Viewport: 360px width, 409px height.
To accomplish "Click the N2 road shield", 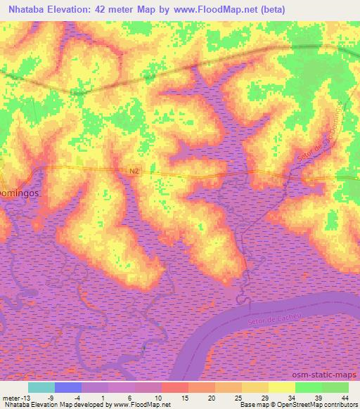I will pos(135,171).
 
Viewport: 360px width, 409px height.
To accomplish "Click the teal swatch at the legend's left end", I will pos(41,387).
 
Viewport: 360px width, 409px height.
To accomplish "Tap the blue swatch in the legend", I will pos(68,387).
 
